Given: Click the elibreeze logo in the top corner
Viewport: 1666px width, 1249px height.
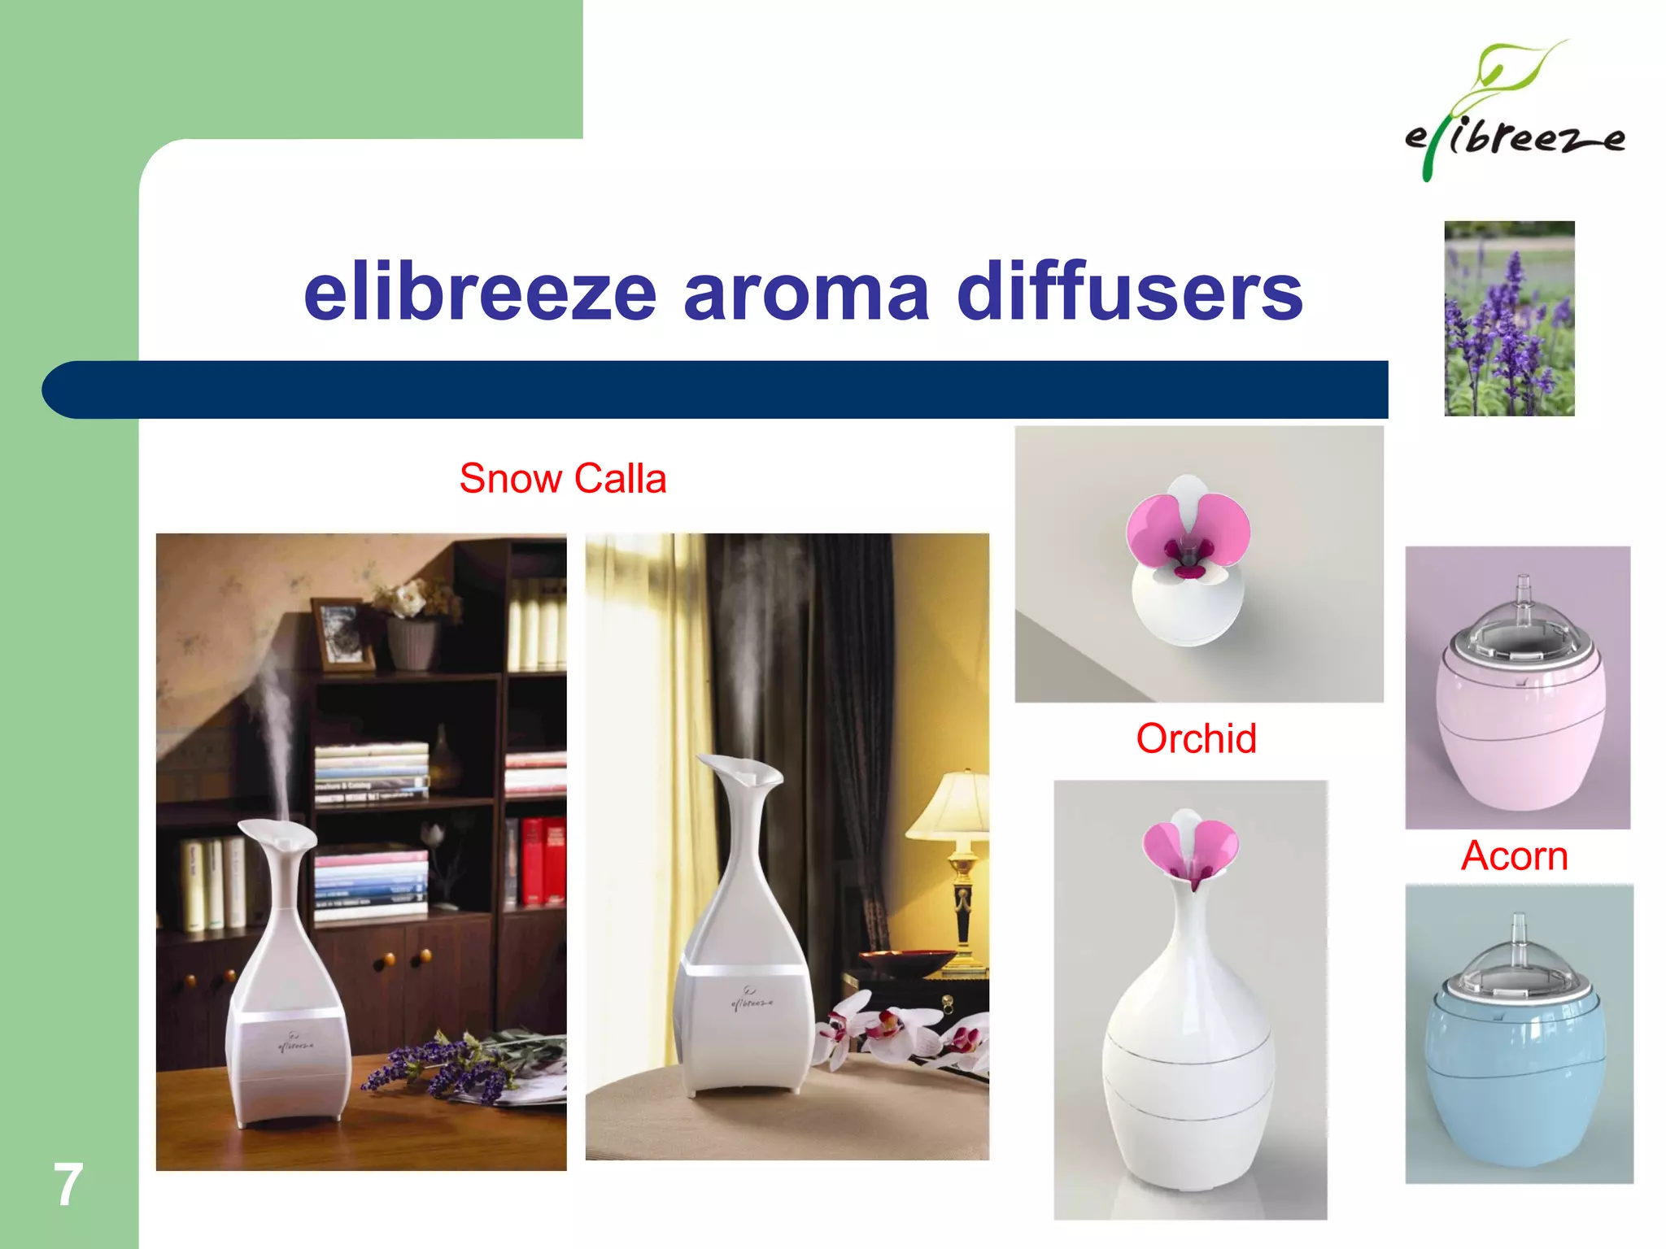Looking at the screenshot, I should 1514,114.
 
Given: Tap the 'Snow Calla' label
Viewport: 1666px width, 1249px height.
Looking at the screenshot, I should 563,478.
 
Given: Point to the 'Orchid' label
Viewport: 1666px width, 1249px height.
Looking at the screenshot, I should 1196,738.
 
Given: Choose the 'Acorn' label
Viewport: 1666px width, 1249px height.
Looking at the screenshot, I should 1514,855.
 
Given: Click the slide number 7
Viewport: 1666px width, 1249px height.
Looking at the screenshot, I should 68,1185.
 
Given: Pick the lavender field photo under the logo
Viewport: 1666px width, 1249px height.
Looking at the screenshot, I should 1509,319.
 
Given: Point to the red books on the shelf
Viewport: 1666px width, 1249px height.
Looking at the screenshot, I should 544,861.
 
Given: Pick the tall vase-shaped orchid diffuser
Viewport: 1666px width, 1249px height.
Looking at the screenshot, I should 1190,1008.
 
